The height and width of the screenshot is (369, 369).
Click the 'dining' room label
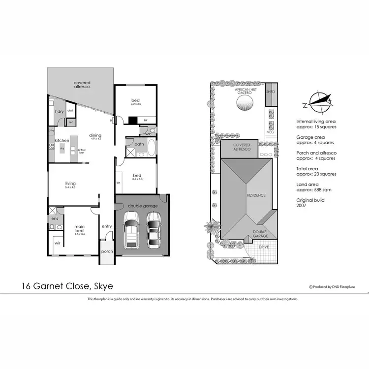[x=95, y=136]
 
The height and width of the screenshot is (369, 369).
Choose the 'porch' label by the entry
[x=107, y=251]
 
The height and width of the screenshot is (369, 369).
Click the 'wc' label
[x=148, y=133]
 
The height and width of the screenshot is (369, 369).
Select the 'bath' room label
[x=139, y=144]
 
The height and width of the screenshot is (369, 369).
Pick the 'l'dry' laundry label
[x=59, y=112]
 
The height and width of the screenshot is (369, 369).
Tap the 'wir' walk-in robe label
[x=58, y=243]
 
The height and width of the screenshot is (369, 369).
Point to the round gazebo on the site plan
[x=245, y=104]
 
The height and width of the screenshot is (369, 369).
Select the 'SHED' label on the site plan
[x=270, y=92]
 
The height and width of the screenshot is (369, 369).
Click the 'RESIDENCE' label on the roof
[x=256, y=195]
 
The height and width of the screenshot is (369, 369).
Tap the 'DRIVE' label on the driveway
[x=264, y=246]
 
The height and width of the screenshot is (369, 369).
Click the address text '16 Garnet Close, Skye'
[x=69, y=286]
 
